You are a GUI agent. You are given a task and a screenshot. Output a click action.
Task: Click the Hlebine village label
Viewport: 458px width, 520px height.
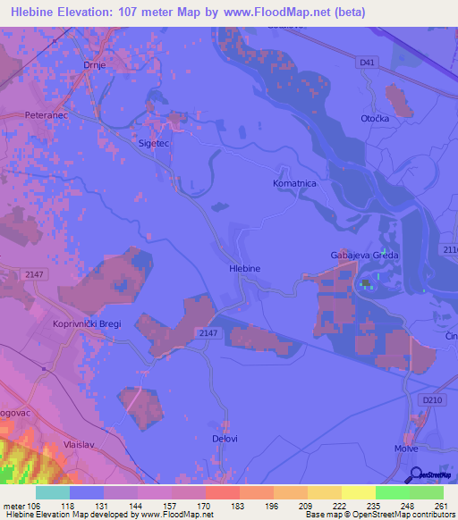(244, 268)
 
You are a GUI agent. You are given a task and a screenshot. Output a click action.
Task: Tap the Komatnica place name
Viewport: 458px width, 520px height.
(294, 182)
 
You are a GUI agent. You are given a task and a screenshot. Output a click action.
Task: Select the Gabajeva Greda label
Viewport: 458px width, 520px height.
(363, 256)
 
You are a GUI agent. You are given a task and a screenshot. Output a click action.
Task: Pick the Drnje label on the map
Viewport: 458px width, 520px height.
(95, 65)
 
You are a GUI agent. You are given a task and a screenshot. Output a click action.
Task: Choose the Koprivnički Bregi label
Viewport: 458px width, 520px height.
(86, 323)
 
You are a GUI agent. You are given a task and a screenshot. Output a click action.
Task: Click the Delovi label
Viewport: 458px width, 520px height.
(225, 440)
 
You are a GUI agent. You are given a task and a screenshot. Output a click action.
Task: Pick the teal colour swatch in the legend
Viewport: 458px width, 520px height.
(52, 492)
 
